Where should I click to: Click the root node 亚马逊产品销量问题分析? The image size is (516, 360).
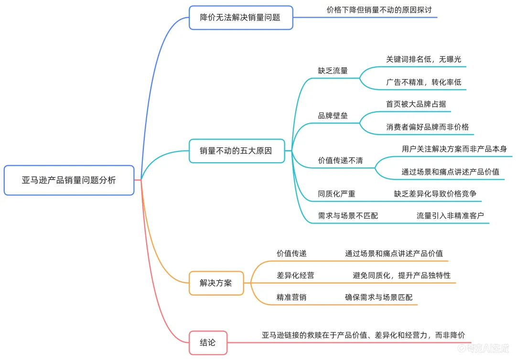(69, 180)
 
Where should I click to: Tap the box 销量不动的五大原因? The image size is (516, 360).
(236, 151)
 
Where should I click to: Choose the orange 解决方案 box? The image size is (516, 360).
(216, 283)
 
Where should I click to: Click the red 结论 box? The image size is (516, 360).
(208, 342)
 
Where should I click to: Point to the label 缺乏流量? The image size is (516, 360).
(333, 71)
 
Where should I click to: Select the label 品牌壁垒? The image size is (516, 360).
(333, 116)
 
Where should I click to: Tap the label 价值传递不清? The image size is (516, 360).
(340, 160)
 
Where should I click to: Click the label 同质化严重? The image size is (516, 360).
(336, 194)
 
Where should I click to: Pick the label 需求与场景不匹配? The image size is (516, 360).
(348, 216)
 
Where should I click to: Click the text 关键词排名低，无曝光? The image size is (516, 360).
(424, 60)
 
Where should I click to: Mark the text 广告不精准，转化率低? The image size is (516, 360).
(424, 82)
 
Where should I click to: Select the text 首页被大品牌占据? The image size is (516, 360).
(416, 104)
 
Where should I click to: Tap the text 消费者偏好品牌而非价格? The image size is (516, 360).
(428, 127)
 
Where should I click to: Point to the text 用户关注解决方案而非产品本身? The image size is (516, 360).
(454, 149)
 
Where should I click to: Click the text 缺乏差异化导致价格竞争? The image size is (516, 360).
(435, 194)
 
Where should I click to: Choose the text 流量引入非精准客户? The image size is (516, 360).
(450, 216)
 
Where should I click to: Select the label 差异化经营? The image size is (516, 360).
(295, 275)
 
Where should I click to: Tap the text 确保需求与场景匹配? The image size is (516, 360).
(379, 297)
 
